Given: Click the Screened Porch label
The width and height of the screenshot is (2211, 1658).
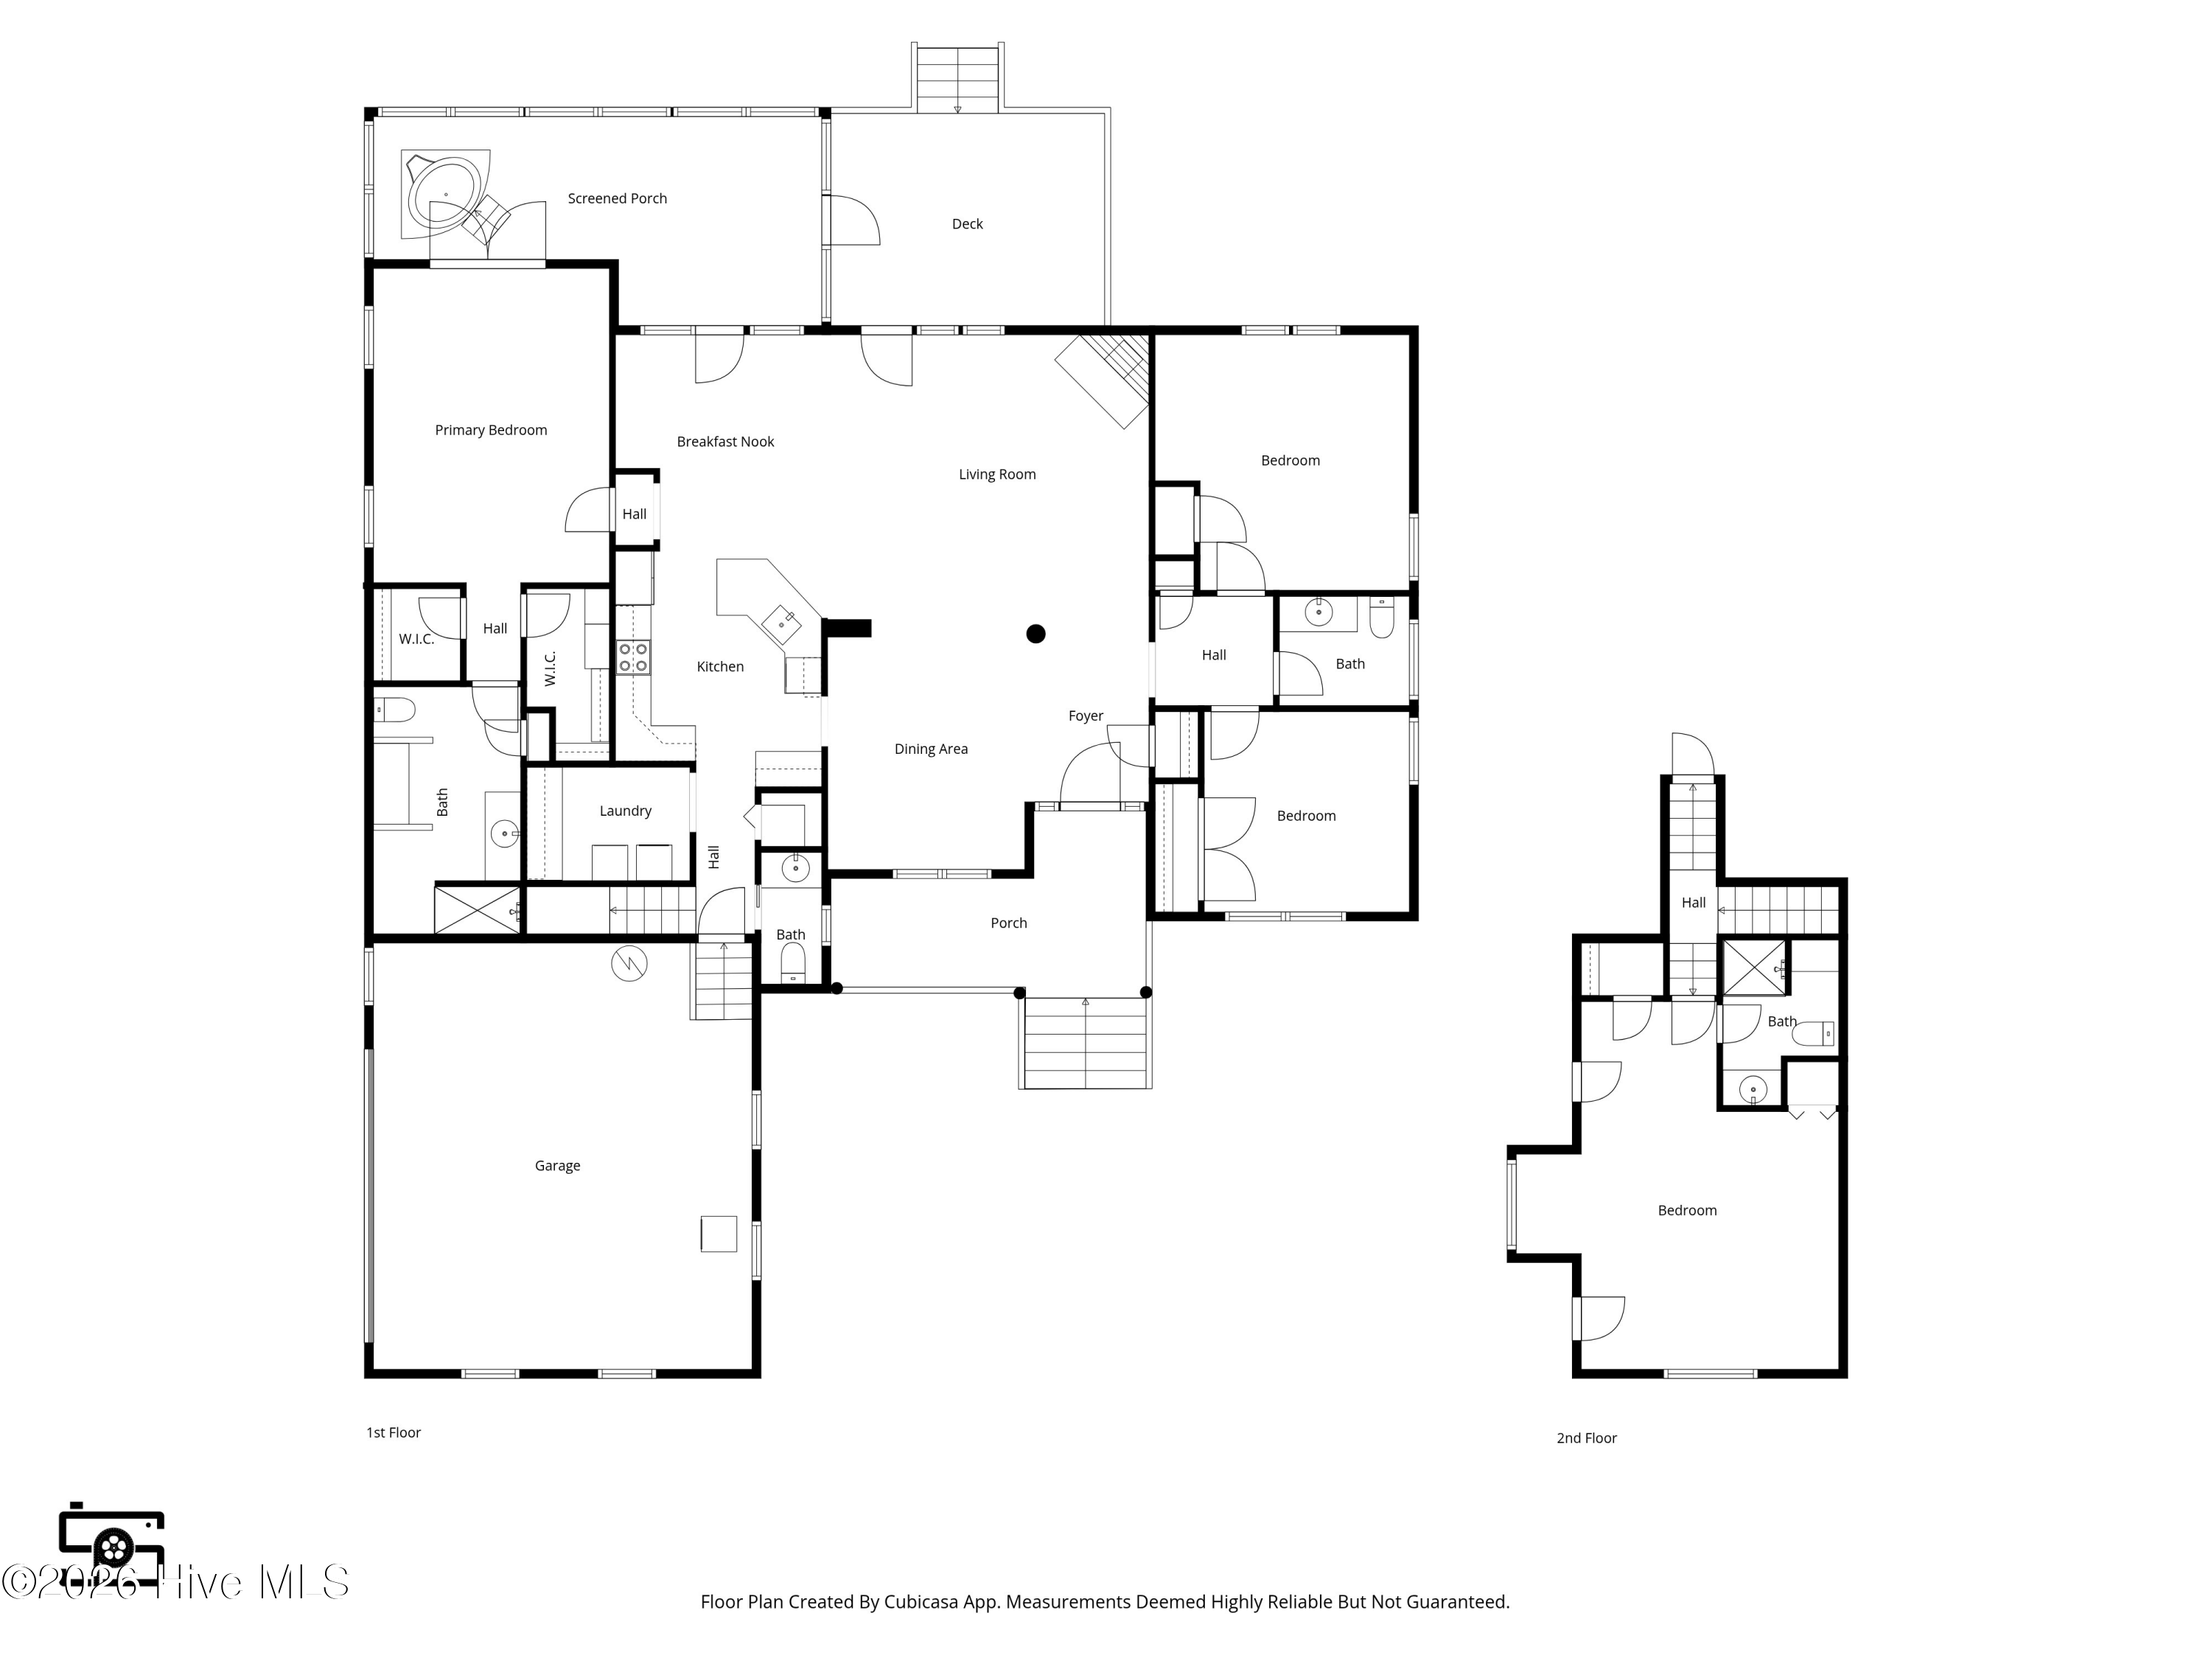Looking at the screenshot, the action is click(617, 199).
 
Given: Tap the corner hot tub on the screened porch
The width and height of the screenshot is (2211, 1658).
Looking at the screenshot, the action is click(446, 194).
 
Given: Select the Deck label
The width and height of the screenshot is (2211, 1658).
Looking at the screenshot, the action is click(966, 224).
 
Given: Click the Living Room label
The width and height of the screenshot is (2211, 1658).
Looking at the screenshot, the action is click(996, 475).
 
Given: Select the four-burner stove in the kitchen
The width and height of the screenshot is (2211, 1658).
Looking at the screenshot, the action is click(632, 657).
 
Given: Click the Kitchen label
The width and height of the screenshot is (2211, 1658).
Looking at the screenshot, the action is click(719, 667).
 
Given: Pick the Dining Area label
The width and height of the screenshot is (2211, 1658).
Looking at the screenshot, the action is click(931, 749).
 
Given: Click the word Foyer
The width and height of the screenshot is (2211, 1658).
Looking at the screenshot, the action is click(1086, 716).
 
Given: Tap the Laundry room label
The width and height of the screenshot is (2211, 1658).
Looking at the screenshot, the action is click(625, 811).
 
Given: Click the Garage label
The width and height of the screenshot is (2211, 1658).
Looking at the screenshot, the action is click(556, 1165).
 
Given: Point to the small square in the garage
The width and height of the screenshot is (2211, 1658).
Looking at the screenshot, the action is click(719, 1234).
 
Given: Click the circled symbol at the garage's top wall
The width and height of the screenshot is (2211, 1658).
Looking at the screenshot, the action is click(629, 963).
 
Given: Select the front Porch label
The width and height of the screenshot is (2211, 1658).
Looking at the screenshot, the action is click(1008, 923).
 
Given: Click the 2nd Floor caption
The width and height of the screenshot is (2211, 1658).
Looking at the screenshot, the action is click(1586, 1438).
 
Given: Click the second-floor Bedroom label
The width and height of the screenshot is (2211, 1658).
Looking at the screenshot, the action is click(1687, 1210).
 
